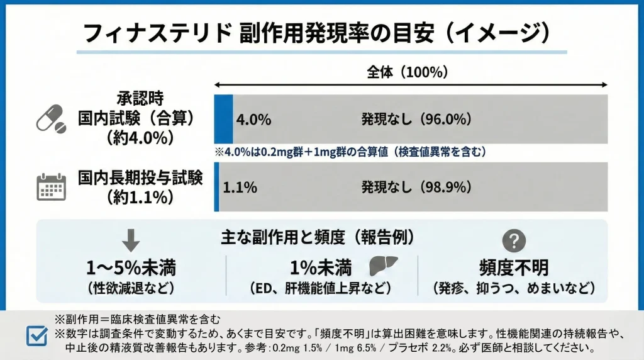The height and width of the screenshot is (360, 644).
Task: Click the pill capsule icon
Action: (x=51, y=118)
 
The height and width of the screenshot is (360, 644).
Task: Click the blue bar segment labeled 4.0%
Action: (x=223, y=119)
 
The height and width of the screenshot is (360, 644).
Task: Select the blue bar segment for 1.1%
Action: (x=216, y=187)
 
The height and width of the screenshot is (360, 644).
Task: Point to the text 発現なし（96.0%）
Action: (x=416, y=119)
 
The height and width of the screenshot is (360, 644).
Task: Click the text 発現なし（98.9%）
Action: (x=416, y=187)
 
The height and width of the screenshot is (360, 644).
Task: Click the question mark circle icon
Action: (x=514, y=240)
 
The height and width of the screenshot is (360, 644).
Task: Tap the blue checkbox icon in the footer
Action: (x=36, y=335)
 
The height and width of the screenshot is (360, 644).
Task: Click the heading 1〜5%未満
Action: (x=130, y=268)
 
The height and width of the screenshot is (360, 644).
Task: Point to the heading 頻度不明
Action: (x=514, y=268)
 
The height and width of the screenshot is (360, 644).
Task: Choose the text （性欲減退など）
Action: (x=130, y=288)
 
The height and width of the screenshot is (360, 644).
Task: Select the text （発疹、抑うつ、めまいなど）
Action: (x=514, y=288)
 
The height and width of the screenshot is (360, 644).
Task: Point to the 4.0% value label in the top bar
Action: (x=253, y=119)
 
